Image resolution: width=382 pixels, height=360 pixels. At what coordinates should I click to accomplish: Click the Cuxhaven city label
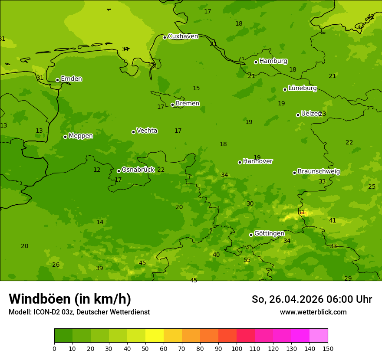coord(183,36)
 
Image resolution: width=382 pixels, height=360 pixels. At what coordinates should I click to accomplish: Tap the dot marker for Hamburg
coord(256,62)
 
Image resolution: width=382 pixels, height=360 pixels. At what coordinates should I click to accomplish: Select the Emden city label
coord(71,79)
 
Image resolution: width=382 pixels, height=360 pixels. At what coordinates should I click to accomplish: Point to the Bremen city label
coord(187,104)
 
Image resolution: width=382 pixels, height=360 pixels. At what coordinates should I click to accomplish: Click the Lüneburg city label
coord(302,88)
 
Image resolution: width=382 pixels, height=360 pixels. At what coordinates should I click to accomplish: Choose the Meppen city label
coord(80,136)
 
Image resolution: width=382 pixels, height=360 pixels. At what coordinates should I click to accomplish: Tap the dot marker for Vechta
coord(133,132)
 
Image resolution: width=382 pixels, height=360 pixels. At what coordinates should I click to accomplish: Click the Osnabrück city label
coord(138,170)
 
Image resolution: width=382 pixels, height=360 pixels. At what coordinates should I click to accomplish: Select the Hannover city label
coord(257,161)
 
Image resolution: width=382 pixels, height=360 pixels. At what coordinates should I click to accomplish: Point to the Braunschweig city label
coord(319,172)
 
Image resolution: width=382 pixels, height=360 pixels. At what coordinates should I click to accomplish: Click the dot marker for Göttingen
coord(251,235)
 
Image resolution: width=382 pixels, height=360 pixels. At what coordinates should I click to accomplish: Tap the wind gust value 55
coord(247,260)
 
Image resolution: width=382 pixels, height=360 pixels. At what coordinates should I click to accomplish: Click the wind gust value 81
coord(301,213)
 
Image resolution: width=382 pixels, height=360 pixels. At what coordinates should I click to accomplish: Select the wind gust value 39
coord(99,268)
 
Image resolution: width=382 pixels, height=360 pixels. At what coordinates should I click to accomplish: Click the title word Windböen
coord(40,299)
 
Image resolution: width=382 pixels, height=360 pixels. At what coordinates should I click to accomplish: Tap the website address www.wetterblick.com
coord(313,312)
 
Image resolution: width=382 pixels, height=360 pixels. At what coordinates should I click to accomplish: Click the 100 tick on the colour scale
coord(237,348)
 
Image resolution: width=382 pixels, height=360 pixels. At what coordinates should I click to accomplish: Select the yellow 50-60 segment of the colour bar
coord(154,336)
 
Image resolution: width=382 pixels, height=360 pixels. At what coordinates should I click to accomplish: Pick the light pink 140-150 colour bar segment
coord(318,336)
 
